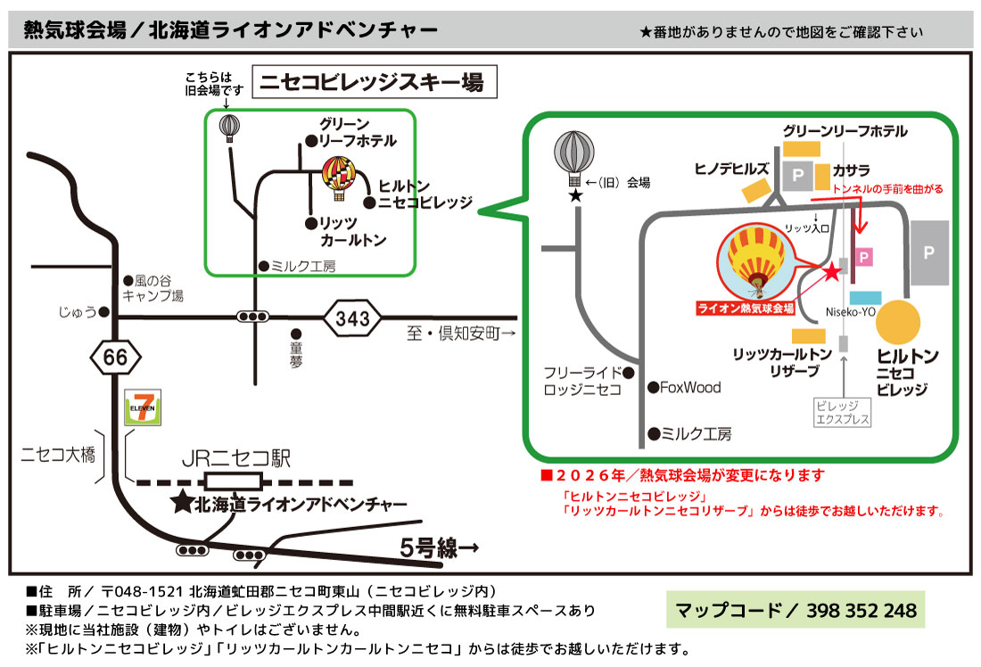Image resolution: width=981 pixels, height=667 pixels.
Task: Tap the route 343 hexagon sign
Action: pyautogui.click(x=352, y=317)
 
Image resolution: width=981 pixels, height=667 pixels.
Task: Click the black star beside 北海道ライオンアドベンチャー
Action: pyautogui.click(x=181, y=504)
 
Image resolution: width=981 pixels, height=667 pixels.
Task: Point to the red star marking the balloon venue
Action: pyautogui.click(x=832, y=272)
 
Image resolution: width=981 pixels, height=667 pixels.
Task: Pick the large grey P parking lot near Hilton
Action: pyautogui.click(x=928, y=253)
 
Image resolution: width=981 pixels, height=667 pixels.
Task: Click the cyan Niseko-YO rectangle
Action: pyautogui.click(x=866, y=297)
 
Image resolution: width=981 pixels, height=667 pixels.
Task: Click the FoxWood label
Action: pyautogui.click(x=690, y=387)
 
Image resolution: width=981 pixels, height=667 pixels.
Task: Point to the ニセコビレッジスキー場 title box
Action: pyautogui.click(x=372, y=84)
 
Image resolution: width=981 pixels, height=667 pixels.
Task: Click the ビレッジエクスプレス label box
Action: pyautogui.click(x=843, y=411)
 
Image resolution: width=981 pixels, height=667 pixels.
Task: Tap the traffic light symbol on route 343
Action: pyautogui.click(x=253, y=317)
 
